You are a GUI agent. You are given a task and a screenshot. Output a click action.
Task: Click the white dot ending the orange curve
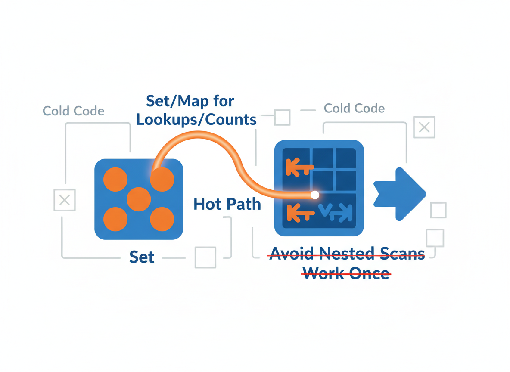(x=314, y=195)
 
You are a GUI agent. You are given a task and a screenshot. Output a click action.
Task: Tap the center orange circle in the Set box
(x=139, y=199)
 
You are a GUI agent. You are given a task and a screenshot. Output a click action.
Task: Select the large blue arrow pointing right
(x=400, y=194)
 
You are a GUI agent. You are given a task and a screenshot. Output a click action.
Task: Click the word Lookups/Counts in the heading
(x=196, y=120)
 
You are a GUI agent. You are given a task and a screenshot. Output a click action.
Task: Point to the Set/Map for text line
(x=190, y=101)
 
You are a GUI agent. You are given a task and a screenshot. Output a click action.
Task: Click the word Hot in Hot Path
(x=207, y=204)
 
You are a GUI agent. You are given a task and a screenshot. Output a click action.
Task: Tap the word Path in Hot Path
(x=244, y=204)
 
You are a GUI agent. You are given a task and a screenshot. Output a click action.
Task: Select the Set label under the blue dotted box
(x=142, y=257)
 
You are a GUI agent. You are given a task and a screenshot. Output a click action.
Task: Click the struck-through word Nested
(x=347, y=253)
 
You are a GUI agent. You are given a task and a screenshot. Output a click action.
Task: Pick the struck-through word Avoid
(x=292, y=253)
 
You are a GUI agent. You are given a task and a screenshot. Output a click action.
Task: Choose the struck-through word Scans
(x=403, y=253)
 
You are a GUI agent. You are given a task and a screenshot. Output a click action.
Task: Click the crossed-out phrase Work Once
(x=346, y=273)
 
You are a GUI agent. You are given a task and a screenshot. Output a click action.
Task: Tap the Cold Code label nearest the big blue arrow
(x=354, y=108)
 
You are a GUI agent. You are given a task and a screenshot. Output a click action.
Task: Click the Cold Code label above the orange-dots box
(x=74, y=111)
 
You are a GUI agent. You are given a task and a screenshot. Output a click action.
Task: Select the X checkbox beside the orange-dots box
(x=65, y=200)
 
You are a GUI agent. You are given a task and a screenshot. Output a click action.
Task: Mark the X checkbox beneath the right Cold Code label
(x=424, y=127)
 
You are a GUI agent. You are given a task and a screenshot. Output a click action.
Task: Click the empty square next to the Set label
(x=205, y=257)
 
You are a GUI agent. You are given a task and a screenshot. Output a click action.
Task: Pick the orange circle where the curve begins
(x=162, y=180)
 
